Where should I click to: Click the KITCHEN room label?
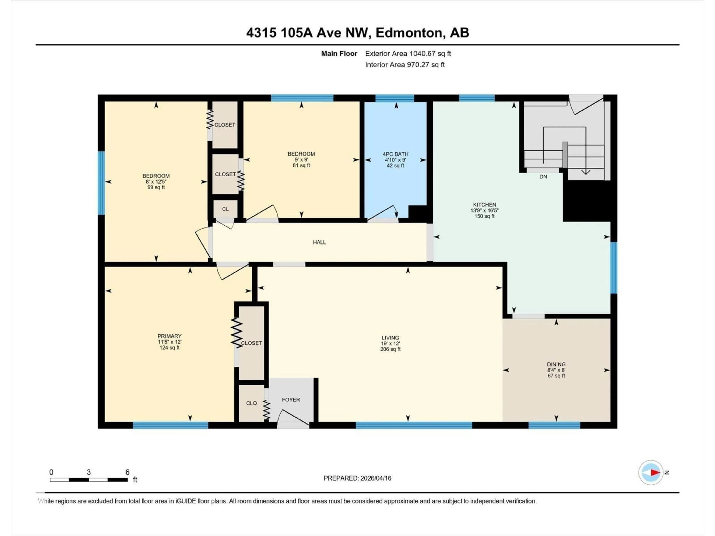pos(484,205)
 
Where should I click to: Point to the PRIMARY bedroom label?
pos(169,336)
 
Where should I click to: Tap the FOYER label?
pos(291,400)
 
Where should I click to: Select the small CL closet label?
pos(225,209)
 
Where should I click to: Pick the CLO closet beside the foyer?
pos(251,403)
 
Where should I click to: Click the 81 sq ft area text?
pos(301,165)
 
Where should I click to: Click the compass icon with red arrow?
pos(651,472)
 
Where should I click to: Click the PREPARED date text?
pos(357,478)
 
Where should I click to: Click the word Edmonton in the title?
pos(409,33)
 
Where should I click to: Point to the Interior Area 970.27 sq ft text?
pos(405,65)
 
